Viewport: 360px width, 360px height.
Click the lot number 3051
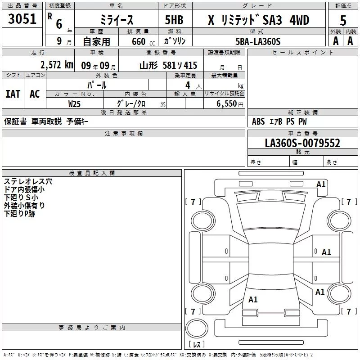click(x=22, y=19)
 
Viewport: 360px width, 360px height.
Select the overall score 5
click(x=343, y=21)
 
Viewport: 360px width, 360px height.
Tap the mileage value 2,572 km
click(x=57, y=65)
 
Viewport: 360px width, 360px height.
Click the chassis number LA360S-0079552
click(x=302, y=143)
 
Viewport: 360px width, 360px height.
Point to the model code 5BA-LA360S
click(x=258, y=41)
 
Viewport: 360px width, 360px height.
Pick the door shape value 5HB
click(x=174, y=20)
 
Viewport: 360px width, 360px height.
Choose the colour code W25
click(x=74, y=104)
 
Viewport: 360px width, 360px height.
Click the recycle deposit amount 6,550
click(x=226, y=104)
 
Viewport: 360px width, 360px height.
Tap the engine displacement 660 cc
click(x=143, y=42)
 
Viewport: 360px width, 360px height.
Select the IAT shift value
click(x=13, y=94)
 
